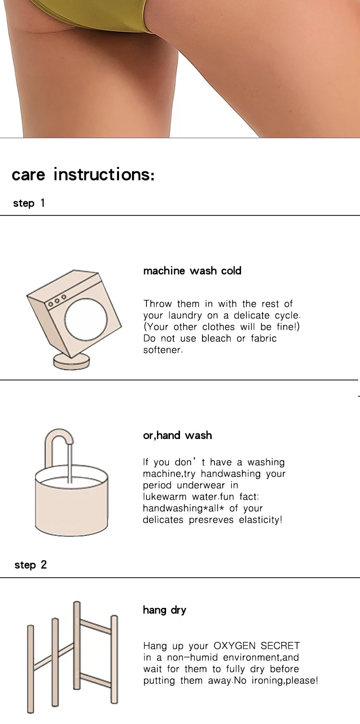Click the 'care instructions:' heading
click(x=83, y=175)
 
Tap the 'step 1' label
click(x=29, y=203)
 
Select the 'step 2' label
click(x=30, y=565)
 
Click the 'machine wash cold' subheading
click(x=192, y=271)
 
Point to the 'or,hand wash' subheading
click(x=177, y=435)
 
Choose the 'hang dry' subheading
click(x=165, y=610)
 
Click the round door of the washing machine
click(x=86, y=319)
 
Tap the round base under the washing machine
click(x=71, y=362)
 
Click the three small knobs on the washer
click(x=57, y=301)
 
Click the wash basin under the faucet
click(x=72, y=501)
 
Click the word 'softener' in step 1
click(x=163, y=350)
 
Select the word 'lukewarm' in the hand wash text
click(x=165, y=497)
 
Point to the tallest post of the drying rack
click(x=77, y=645)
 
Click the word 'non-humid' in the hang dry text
click(x=192, y=657)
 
